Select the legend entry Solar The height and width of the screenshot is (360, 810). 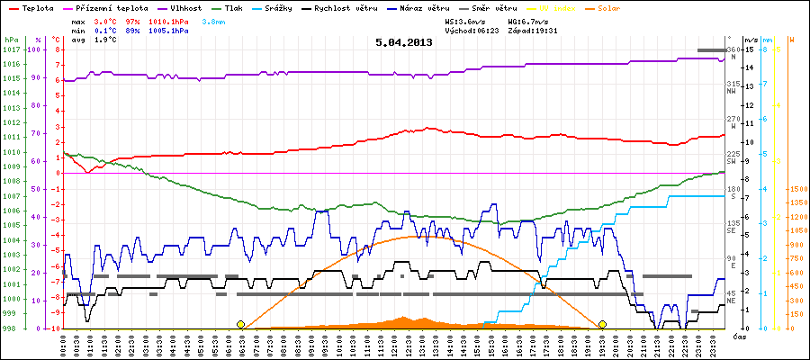[621, 7]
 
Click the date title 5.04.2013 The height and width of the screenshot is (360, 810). [404, 41]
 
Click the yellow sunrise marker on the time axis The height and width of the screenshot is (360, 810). [240, 324]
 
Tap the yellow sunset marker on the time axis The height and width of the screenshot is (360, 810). [601, 324]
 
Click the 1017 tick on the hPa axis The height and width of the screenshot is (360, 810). [11, 49]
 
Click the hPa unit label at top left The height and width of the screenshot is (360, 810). [10, 40]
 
